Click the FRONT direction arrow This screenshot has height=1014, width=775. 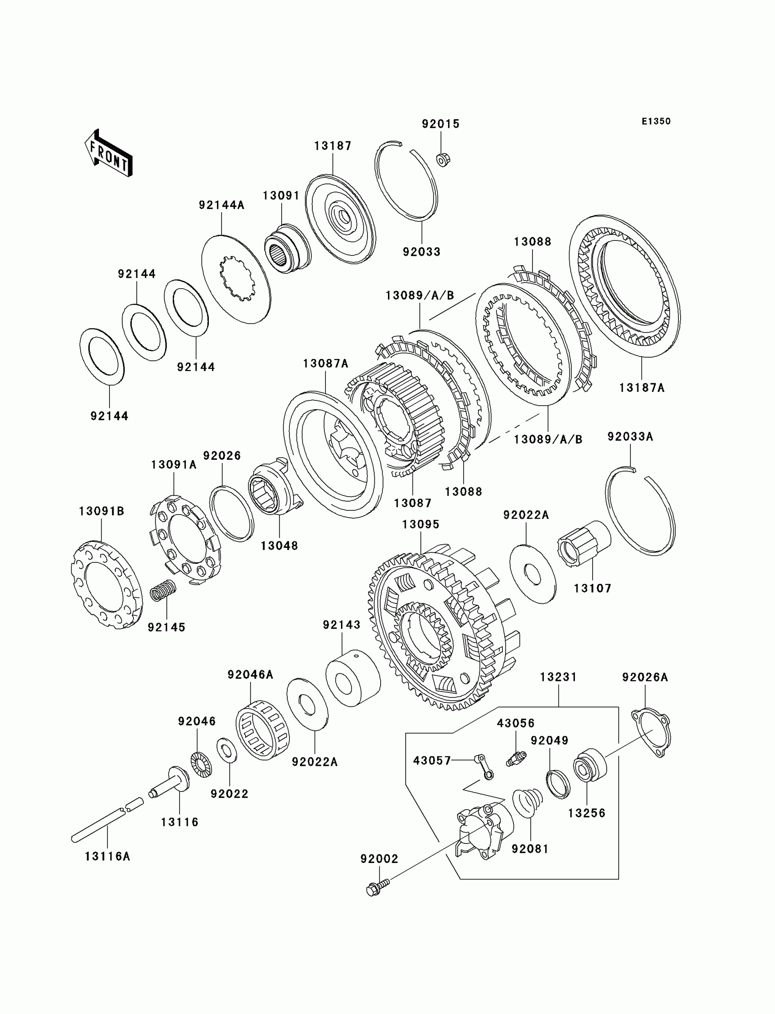coord(108,154)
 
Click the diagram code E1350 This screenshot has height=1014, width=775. coord(656,121)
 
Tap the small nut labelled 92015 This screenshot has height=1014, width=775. coord(443,160)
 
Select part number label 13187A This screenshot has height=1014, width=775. coord(642,388)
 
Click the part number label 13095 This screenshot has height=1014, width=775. coord(421,524)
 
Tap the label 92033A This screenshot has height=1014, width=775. coord(630,437)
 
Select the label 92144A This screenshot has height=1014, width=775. coord(222,205)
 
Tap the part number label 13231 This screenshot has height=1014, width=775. coord(558,677)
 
